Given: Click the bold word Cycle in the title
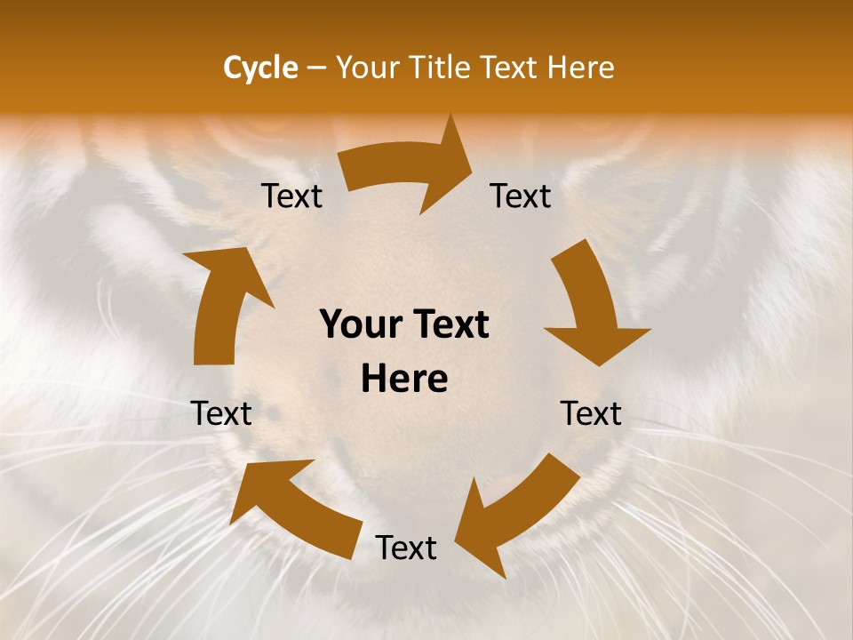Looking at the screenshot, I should (x=260, y=68).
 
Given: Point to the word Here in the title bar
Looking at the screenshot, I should (x=579, y=68).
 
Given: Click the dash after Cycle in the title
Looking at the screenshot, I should (x=316, y=68).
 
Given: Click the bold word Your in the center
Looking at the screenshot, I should (x=359, y=324).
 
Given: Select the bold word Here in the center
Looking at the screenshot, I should (x=404, y=380).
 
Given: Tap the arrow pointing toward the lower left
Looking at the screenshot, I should (x=515, y=516).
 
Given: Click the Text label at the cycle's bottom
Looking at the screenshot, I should (x=406, y=548).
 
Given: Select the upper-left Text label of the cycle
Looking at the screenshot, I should (x=291, y=196).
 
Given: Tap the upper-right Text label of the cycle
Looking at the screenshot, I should (x=521, y=196).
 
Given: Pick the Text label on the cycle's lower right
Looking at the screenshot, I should (x=591, y=413).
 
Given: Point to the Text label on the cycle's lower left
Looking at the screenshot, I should (x=221, y=413).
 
